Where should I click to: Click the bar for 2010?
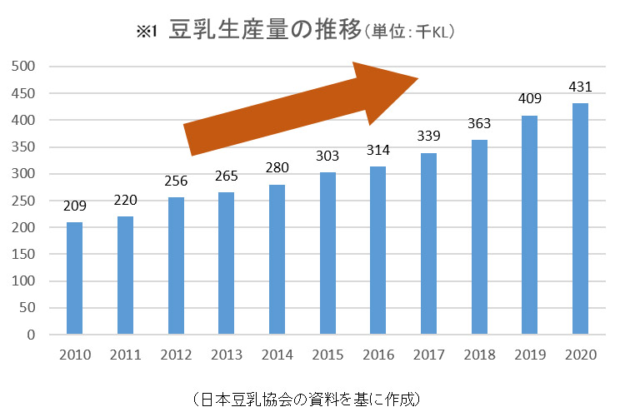74,279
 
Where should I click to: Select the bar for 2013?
227,264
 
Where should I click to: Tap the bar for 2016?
378,251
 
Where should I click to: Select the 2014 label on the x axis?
277,355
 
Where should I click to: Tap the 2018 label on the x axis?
480,355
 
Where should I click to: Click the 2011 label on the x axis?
125,355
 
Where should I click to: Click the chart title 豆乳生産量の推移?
265,31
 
